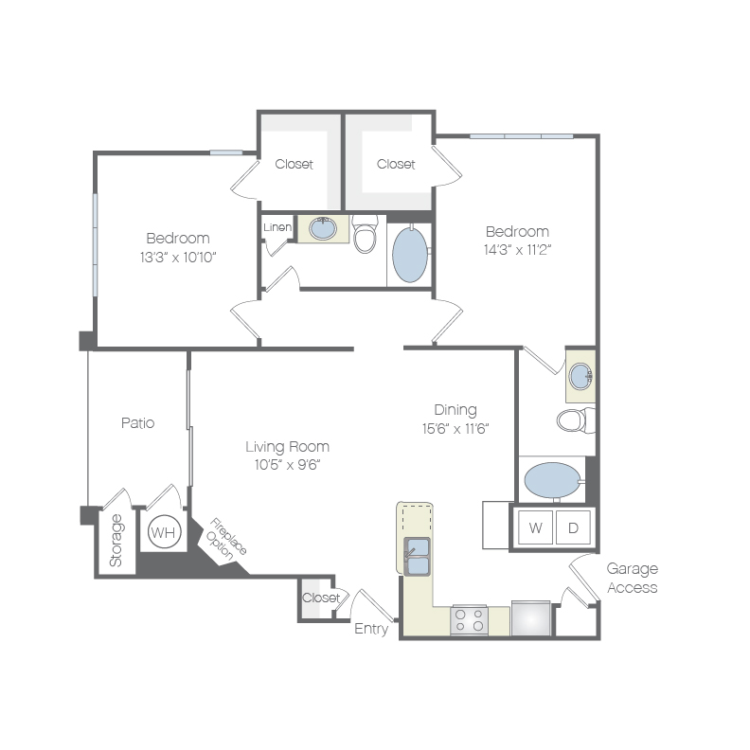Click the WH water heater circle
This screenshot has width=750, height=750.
(165, 532)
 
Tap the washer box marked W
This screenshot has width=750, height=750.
(535, 527)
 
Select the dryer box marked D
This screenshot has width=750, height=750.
(573, 527)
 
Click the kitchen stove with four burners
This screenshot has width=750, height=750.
(470, 620)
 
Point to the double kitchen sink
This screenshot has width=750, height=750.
(417, 556)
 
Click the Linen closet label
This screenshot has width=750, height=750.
(277, 227)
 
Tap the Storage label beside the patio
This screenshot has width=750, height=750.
(116, 541)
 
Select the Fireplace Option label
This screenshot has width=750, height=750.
(225, 539)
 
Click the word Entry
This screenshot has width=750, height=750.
(371, 629)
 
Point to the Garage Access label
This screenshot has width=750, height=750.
(633, 578)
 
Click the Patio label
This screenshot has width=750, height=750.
(137, 423)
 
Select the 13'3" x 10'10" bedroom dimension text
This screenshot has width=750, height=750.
(178, 258)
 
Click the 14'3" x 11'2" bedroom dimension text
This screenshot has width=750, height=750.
(517, 250)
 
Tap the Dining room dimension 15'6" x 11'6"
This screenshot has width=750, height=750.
(455, 429)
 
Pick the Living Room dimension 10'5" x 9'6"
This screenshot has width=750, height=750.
(287, 464)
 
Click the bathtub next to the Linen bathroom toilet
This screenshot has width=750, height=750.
(410, 255)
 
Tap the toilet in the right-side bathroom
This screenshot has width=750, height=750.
(576, 420)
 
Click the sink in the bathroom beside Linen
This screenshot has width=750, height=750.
(323, 228)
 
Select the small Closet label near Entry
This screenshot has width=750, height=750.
(321, 598)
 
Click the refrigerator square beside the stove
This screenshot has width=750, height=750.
(531, 618)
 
